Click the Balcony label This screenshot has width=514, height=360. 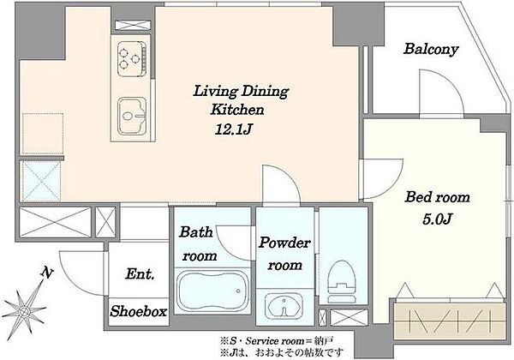point(431,49)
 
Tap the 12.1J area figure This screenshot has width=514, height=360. point(233,129)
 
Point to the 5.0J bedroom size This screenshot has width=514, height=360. point(437,219)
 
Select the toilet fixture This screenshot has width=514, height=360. point(342,281)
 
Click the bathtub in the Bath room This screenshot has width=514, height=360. point(212,291)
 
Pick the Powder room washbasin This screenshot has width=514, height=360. point(284,305)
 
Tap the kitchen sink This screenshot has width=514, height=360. point(132,116)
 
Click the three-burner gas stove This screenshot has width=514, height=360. point(132,58)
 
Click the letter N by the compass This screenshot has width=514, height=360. point(47,272)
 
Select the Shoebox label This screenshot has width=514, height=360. point(138,311)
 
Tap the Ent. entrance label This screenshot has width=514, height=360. point(140,274)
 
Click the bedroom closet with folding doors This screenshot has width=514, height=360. point(449,321)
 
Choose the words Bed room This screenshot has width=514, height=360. point(437,197)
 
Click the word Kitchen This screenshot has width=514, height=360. point(237,110)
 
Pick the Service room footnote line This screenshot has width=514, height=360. point(277,341)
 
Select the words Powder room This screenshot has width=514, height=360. point(284,254)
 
